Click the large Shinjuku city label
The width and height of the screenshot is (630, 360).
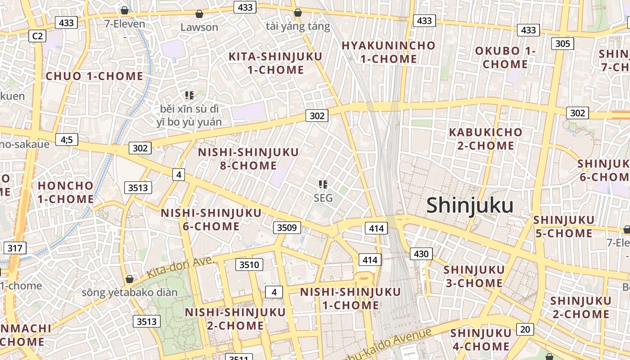[470, 206]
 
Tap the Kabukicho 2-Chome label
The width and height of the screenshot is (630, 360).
[486, 139]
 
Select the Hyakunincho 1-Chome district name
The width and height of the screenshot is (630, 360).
[388, 52]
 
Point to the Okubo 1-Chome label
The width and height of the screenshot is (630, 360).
[505, 58]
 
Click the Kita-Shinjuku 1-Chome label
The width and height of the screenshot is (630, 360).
[275, 63]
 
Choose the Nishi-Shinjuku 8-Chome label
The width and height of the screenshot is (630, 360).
[248, 159]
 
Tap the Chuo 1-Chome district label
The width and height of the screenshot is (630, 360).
[94, 76]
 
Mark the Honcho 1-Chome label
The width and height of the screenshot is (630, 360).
[66, 192]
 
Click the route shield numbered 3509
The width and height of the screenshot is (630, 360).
[287, 228]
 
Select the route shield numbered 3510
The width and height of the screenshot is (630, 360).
[249, 265]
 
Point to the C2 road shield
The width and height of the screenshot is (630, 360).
[37, 36]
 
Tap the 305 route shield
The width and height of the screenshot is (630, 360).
[562, 44]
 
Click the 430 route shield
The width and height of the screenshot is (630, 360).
[421, 254]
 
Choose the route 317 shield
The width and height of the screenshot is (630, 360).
[15, 248]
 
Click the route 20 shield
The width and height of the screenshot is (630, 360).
[525, 329]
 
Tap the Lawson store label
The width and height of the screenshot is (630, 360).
[199, 27]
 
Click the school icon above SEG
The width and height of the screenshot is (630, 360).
[323, 184]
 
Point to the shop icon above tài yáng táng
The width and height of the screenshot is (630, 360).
[297, 13]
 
